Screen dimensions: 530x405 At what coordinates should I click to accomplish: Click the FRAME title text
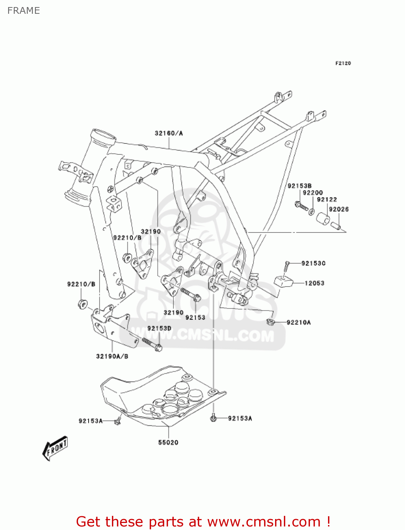pyautogui.click(x=24, y=11)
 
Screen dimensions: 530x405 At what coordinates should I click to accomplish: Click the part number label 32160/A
pyautogui.click(x=169, y=133)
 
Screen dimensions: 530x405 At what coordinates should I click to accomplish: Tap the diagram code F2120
pyautogui.click(x=343, y=63)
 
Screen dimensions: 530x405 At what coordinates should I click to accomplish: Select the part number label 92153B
pyautogui.click(x=299, y=186)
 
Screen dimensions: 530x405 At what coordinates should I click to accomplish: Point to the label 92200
pyautogui.click(x=313, y=193)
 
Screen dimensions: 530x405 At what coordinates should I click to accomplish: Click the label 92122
pyautogui.click(x=327, y=200)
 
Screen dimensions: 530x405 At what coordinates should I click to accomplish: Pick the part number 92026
pyautogui.click(x=339, y=209)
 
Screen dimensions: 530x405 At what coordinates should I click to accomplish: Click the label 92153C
pyautogui.click(x=314, y=263)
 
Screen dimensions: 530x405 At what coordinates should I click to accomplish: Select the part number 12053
pyautogui.click(x=314, y=283)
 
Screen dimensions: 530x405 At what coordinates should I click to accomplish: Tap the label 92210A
pyautogui.click(x=299, y=322)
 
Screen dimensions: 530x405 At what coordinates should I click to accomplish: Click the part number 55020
pyautogui.click(x=168, y=442)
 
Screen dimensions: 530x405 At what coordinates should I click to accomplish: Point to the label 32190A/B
pyautogui.click(x=112, y=356)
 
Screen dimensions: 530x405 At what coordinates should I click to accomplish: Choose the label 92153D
pyautogui.click(x=159, y=328)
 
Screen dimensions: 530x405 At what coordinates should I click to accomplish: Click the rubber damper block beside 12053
pyautogui.click(x=284, y=282)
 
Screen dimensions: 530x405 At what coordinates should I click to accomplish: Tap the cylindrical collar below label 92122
pyautogui.click(x=322, y=218)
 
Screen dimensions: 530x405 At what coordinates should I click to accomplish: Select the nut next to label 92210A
pyautogui.click(x=270, y=322)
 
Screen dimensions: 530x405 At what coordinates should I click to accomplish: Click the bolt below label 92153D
pyautogui.click(x=152, y=344)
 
